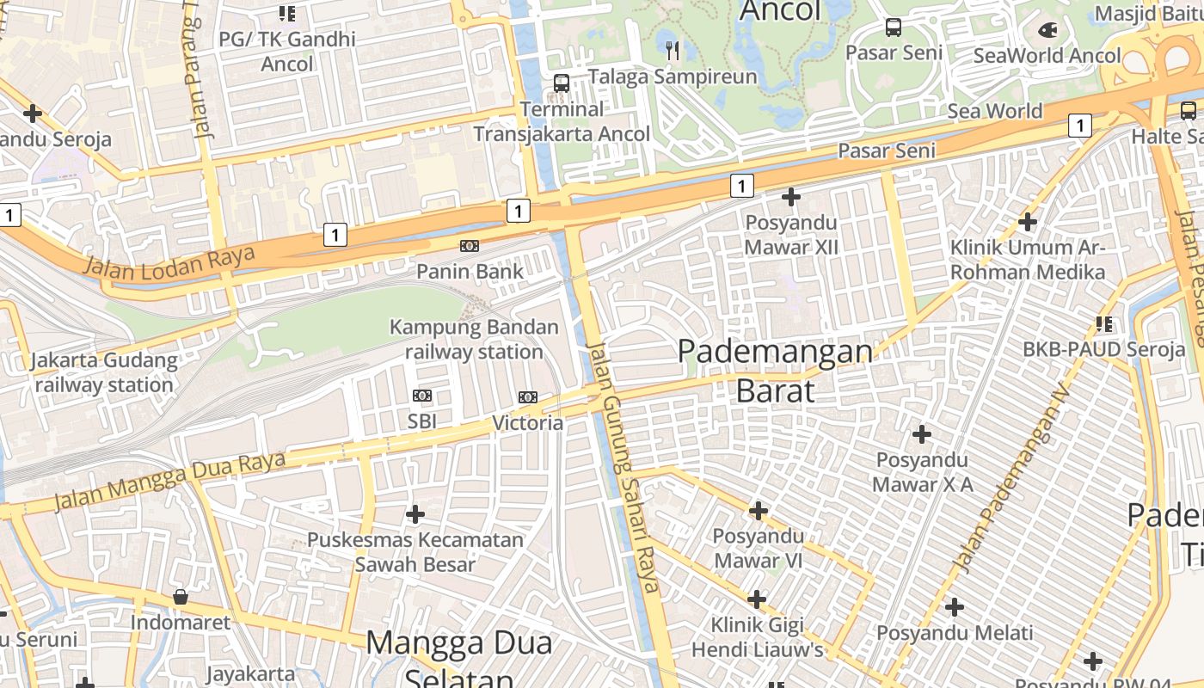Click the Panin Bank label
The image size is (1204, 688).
[x=470, y=272]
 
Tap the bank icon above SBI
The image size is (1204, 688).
[x=422, y=396]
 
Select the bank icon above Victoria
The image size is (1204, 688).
[x=528, y=397]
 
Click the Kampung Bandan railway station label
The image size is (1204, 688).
[x=474, y=340]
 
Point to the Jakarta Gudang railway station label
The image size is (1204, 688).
[x=104, y=372]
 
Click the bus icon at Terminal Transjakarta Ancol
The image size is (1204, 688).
[x=562, y=83]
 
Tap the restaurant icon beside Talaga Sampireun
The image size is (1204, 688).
[x=673, y=51]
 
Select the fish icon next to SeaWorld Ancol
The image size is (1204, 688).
[x=1047, y=31]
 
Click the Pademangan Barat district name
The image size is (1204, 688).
[x=775, y=371]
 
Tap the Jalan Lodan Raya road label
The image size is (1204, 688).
[x=169, y=261]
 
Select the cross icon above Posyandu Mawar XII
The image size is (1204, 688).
[x=791, y=198]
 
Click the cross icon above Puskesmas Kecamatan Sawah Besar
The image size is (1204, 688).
[x=415, y=515]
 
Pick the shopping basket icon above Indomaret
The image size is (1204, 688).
[x=181, y=597]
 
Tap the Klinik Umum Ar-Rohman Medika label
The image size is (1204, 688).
[x=1028, y=260]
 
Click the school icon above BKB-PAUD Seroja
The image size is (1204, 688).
[x=1104, y=324]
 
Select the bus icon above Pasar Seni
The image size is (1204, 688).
[x=894, y=28]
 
